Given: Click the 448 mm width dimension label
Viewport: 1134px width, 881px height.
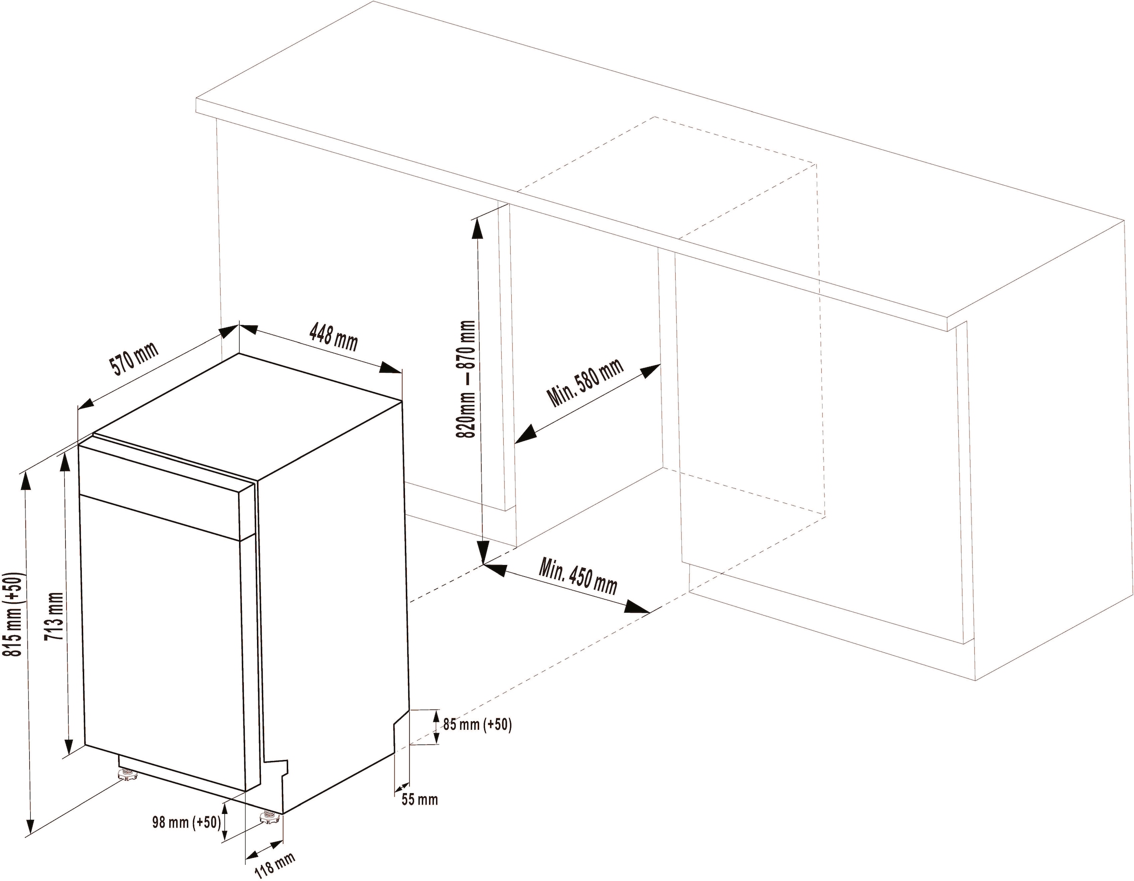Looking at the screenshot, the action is click(x=333, y=336).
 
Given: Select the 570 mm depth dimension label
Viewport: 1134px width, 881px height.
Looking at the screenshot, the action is click(x=133, y=358).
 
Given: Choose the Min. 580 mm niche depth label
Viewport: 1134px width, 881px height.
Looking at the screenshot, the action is click(x=584, y=382).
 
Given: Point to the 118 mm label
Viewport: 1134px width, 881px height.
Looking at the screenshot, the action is click(x=275, y=865).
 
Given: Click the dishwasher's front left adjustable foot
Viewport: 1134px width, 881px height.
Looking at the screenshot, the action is click(x=127, y=776).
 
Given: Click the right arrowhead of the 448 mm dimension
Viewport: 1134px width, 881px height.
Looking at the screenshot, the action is click(x=390, y=368).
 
